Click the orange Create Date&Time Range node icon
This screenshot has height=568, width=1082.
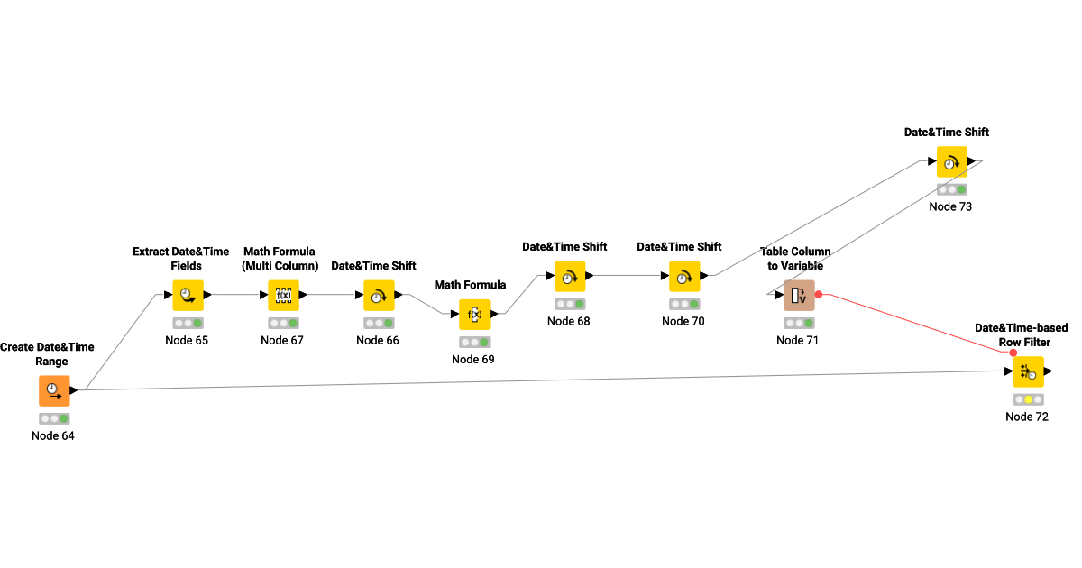coord(54,390)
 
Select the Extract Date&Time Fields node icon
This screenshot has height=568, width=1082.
coord(188,295)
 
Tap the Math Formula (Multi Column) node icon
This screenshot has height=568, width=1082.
coord(283,295)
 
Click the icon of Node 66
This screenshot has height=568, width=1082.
coord(379,295)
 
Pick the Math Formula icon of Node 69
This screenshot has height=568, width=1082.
coord(474,314)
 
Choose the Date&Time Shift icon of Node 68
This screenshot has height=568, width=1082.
coord(570,276)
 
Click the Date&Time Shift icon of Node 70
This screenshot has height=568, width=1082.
coord(684,276)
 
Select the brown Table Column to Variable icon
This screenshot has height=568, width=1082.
coord(799,295)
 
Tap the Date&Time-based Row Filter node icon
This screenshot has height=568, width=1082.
coord(1028,371)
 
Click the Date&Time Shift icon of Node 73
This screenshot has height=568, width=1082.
coord(951,161)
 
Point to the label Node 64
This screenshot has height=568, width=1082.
coord(53,436)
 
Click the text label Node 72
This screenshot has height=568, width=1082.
coord(1027,417)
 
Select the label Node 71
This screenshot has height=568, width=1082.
coord(798,340)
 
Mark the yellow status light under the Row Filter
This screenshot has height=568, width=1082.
coord(1028,399)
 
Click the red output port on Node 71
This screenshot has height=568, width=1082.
coord(819,295)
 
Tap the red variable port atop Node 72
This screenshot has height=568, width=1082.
coord(1013,353)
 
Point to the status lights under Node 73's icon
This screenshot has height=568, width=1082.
coord(951,189)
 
